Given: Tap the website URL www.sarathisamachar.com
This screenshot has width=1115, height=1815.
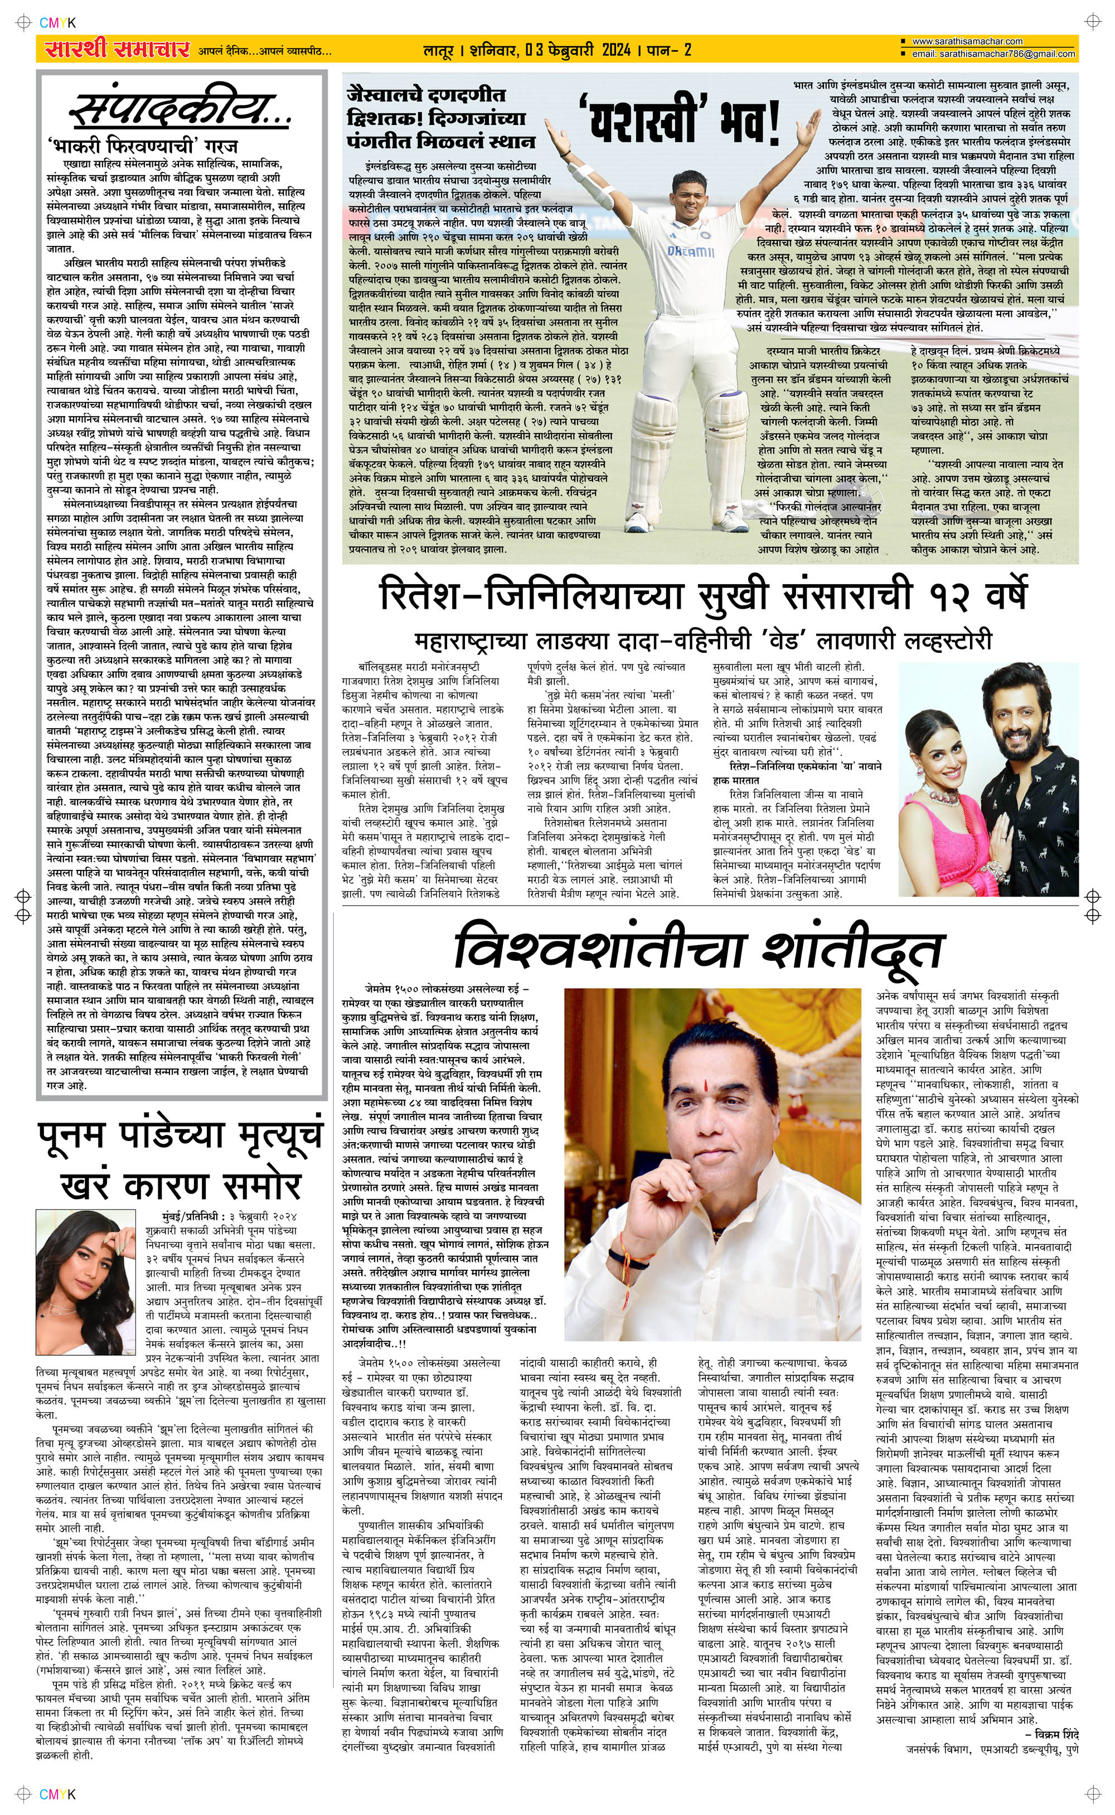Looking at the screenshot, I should pos(967,41).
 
